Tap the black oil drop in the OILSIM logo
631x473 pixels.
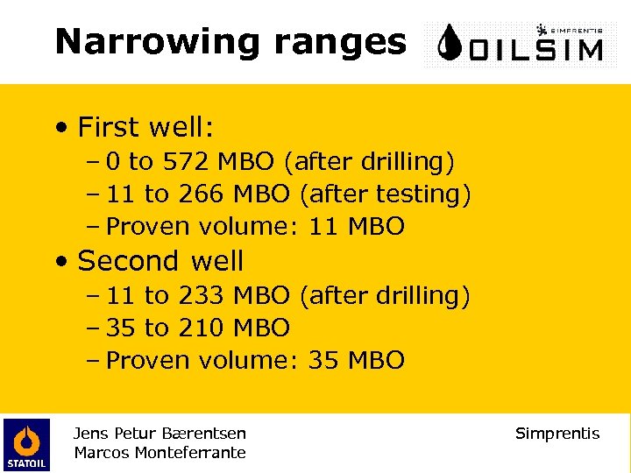point(450,44)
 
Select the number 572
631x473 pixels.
point(184,161)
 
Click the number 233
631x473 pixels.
point(201,296)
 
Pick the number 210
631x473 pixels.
point(201,328)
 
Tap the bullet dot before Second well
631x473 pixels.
point(59,262)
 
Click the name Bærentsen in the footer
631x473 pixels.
point(204,434)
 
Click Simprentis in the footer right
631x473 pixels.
point(557,434)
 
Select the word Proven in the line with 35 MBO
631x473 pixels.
point(148,361)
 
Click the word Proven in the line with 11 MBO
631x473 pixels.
point(148,227)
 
